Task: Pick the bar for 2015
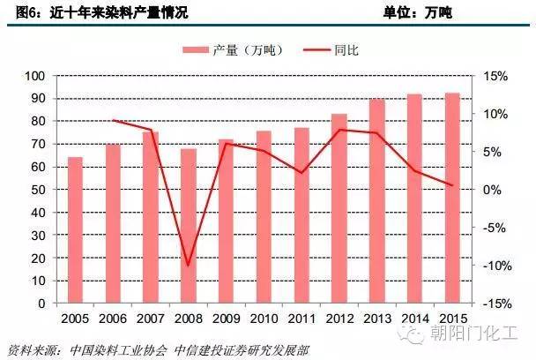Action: click(x=452, y=198)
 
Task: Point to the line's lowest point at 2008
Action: click(x=188, y=265)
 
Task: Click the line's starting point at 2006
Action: click(x=113, y=120)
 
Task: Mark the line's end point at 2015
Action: click(x=452, y=185)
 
